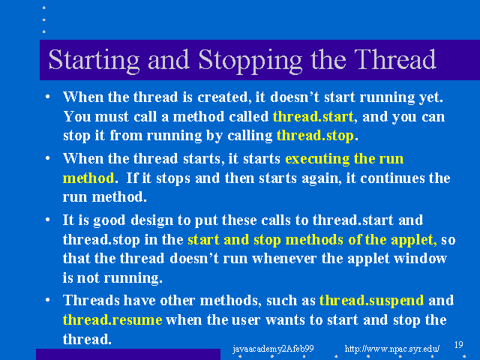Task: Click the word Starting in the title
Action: click(x=94, y=61)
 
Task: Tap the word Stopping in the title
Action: click(x=250, y=61)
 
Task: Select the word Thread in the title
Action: click(x=395, y=60)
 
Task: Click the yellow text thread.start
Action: click(x=313, y=117)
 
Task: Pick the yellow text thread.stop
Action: click(x=315, y=135)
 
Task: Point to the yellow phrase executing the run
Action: click(x=344, y=159)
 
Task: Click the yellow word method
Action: click(x=88, y=178)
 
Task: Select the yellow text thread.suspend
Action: click(x=371, y=301)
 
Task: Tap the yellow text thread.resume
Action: click(x=112, y=320)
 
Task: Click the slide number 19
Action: click(x=458, y=345)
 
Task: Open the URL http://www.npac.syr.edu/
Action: click(x=392, y=349)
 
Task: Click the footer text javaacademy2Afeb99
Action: click(x=273, y=349)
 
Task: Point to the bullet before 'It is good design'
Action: click(x=47, y=220)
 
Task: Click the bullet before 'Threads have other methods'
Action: click(x=47, y=300)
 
